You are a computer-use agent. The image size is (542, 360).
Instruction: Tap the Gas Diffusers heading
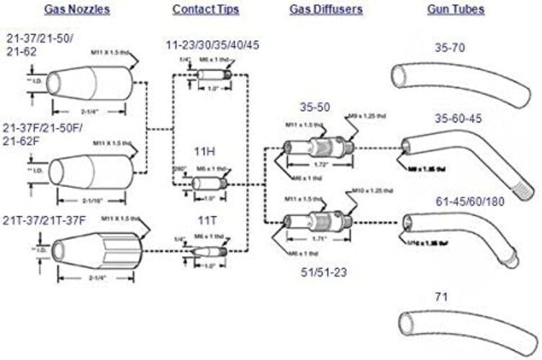click(326, 10)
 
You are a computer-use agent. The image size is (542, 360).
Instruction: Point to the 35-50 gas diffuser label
click(315, 107)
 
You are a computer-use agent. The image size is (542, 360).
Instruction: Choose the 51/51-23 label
click(325, 273)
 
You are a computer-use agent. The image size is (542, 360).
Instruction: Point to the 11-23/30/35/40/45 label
click(212, 45)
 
